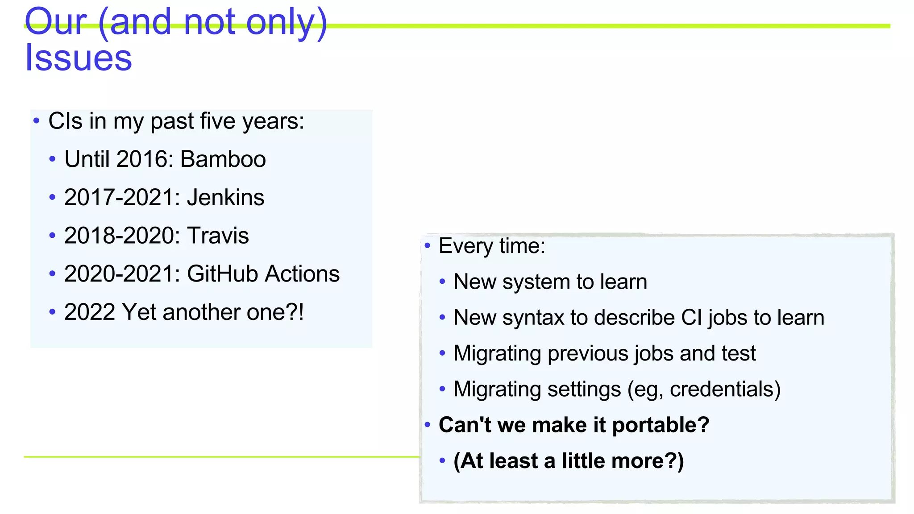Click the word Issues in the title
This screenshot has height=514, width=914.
tap(79, 58)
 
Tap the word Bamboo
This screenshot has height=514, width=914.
tap(223, 159)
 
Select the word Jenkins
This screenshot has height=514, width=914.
tap(225, 198)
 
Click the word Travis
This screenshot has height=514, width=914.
tap(218, 236)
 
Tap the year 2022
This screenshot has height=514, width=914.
tap(90, 312)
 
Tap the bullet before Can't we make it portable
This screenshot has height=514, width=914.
tap(428, 424)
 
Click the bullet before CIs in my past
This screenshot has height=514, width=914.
tap(37, 120)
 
